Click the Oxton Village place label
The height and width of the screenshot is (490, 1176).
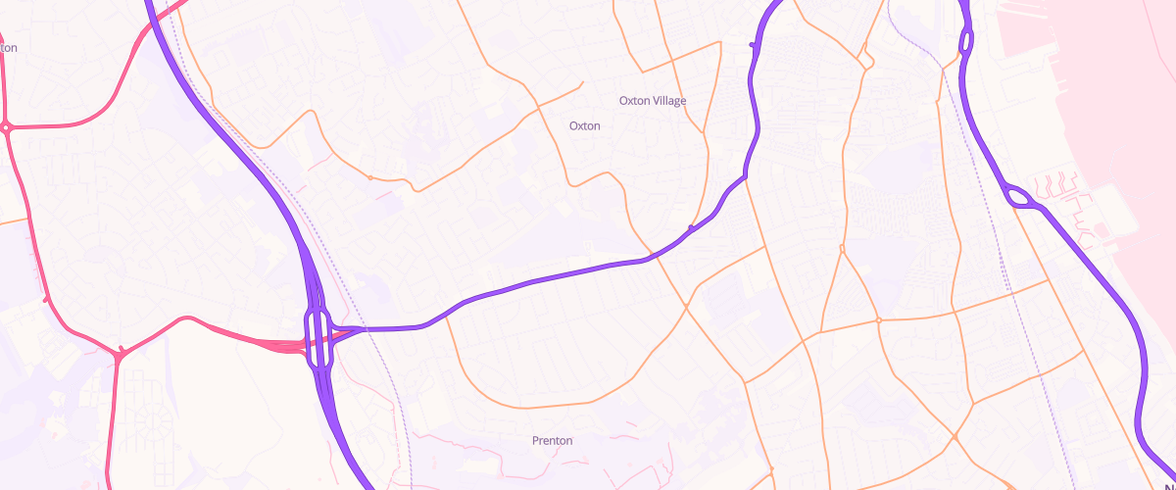(653, 101)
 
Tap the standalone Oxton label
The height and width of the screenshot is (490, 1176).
(584, 126)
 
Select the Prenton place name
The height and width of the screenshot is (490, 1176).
(552, 441)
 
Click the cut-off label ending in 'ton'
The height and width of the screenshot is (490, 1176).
(9, 47)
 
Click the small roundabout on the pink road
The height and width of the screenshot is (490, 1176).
(6, 127)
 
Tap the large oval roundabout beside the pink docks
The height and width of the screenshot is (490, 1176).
(1022, 198)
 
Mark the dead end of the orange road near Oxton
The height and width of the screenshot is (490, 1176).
(582, 82)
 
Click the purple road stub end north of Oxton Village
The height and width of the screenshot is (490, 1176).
(752, 44)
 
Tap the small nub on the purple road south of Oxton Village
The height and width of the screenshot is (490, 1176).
(692, 228)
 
